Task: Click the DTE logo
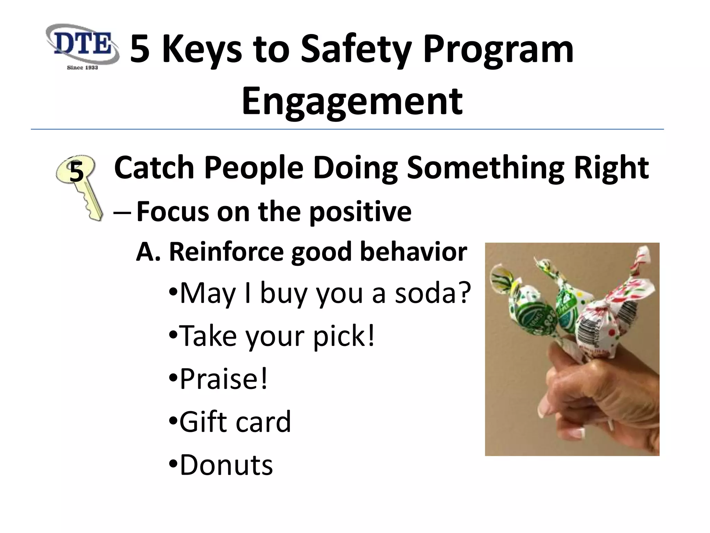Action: tap(82, 44)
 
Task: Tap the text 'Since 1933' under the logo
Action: tap(82, 67)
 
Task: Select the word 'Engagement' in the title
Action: tap(352, 101)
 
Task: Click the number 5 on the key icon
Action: tap(77, 172)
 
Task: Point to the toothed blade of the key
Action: tap(91, 204)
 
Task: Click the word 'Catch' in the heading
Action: tap(154, 168)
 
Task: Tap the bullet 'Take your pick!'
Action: tap(272, 336)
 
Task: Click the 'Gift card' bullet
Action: tap(231, 422)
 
